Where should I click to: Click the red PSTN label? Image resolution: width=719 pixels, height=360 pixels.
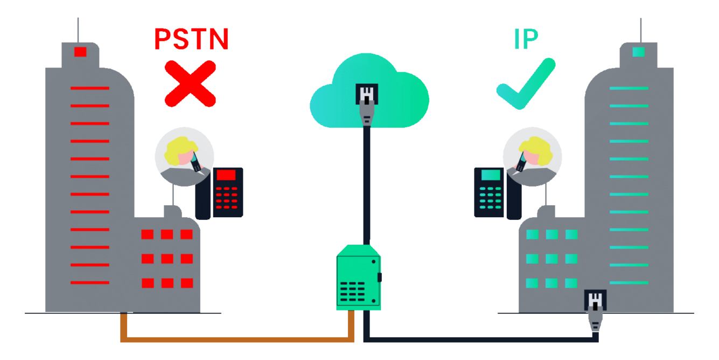pyautogui.click(x=191, y=39)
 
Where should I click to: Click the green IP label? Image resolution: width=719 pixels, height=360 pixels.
pyautogui.click(x=526, y=40)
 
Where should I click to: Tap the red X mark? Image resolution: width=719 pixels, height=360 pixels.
pyautogui.click(x=190, y=84)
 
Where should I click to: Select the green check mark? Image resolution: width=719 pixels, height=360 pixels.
pyautogui.click(x=525, y=84)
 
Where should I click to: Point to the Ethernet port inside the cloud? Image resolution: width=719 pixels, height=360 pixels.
pyautogui.click(x=367, y=94)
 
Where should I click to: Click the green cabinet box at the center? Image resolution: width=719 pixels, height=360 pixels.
pyautogui.click(x=358, y=278)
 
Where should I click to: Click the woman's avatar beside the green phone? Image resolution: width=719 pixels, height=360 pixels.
pyautogui.click(x=532, y=157)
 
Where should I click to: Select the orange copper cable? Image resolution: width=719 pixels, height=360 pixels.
pyautogui.click(x=237, y=339)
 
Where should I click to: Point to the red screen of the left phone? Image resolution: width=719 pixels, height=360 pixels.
pyautogui.click(x=226, y=175)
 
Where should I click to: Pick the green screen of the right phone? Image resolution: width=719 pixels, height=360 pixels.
pyautogui.click(x=491, y=175)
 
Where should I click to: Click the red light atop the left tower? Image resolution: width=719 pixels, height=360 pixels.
pyautogui.click(x=80, y=52)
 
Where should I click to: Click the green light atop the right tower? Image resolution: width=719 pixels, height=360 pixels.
pyautogui.click(x=639, y=52)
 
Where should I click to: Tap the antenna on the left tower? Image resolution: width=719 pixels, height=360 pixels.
pyautogui.click(x=78, y=30)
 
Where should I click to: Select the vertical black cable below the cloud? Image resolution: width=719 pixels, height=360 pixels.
pyautogui.click(x=367, y=183)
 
